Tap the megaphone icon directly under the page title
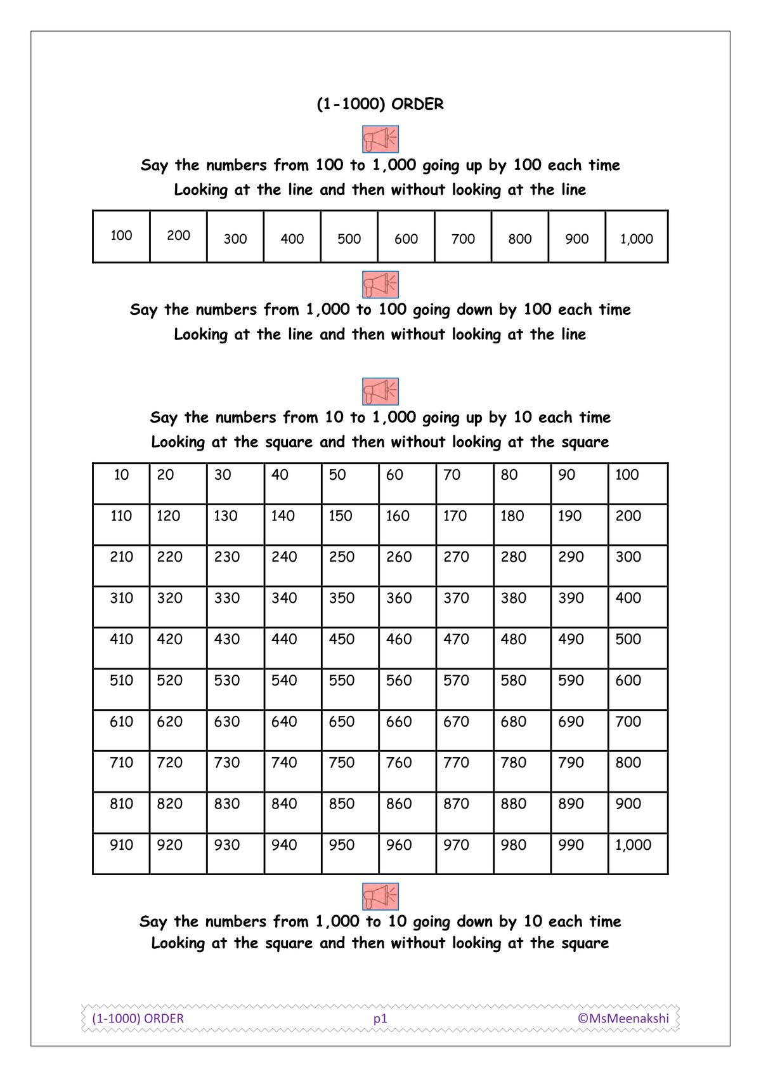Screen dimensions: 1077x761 [x=380, y=139]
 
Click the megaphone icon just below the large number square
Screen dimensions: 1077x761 [x=380, y=896]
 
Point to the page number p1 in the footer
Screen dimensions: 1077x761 [x=380, y=1018]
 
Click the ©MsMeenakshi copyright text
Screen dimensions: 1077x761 [x=623, y=1018]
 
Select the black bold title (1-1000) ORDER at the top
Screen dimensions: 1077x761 [x=380, y=104]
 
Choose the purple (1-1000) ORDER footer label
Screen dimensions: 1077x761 [x=138, y=1018]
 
